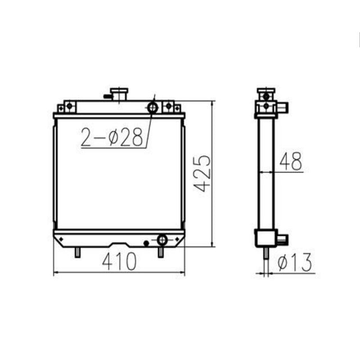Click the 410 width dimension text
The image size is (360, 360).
click(119, 262)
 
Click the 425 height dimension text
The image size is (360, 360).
click(203, 173)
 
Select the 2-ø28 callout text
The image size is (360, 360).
click(111, 137)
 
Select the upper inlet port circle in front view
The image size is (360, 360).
click(152, 107)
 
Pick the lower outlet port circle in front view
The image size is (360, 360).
click(162, 240)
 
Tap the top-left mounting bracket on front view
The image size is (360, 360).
click(68, 106)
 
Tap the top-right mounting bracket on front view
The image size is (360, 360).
click(168, 106)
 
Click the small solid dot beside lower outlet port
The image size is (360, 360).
click(146, 242)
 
